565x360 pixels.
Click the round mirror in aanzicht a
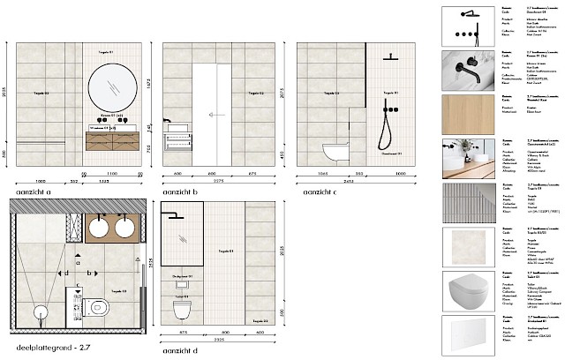click(112, 86)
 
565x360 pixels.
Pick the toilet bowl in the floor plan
click(98, 308)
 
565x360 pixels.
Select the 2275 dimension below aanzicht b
click(216, 183)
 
